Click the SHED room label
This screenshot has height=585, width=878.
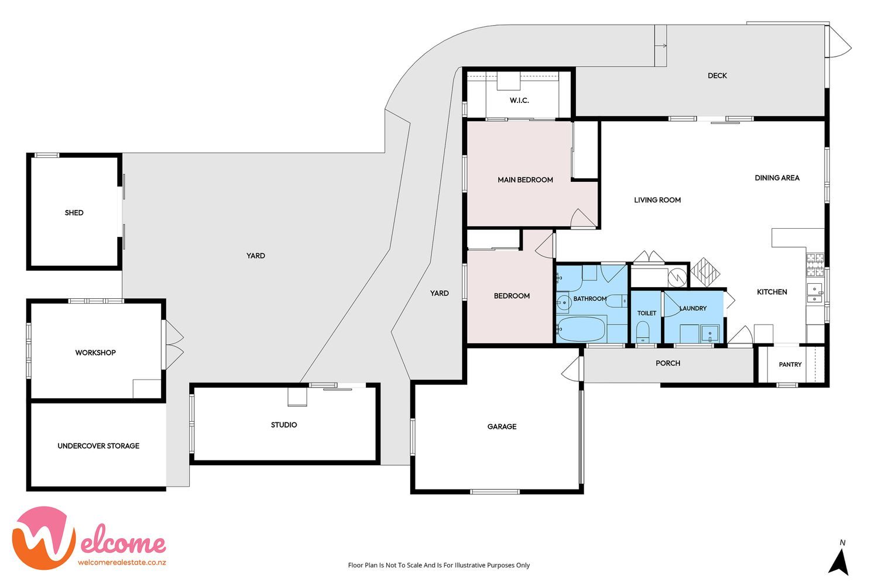click(74, 213)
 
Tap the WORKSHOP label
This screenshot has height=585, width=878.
click(95, 353)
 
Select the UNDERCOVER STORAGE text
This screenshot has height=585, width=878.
click(98, 446)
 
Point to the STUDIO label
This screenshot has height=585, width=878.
click(284, 425)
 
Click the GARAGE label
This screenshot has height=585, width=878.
click(502, 426)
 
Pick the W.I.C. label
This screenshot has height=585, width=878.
click(519, 100)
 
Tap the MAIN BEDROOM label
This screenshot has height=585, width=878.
click(525, 180)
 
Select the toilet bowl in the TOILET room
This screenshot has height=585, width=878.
click(643, 331)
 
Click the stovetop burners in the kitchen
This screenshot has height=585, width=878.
click(815, 264)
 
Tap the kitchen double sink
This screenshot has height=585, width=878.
click(815, 294)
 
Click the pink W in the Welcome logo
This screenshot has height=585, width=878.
click(43, 538)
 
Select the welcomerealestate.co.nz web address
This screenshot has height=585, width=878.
click(122, 563)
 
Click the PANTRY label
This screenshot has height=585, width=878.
click(790, 364)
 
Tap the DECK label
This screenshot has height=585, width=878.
click(717, 75)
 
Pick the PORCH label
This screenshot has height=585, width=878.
click(668, 363)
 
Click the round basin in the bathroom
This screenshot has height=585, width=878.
click(564, 302)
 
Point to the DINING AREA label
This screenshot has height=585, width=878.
click(777, 178)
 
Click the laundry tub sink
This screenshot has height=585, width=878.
click(710, 334)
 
